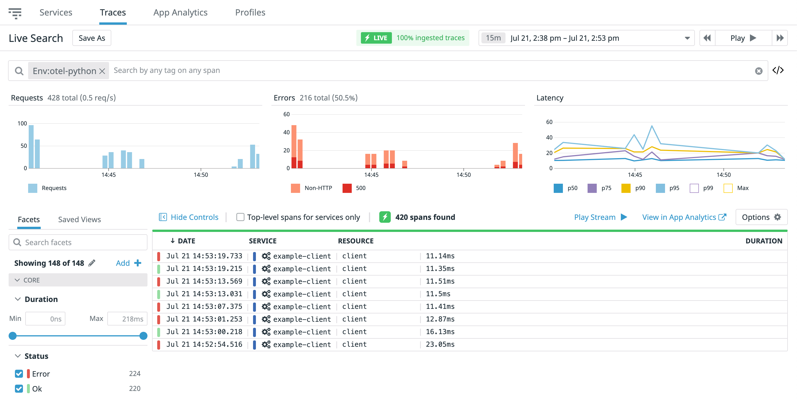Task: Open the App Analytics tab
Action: pos(180,12)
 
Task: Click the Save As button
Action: pos(92,38)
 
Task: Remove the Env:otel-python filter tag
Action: pos(102,71)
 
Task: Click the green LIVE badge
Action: pos(376,38)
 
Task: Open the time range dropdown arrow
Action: pos(687,38)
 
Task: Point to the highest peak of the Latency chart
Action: pos(652,126)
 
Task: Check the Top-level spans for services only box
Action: pos(240,217)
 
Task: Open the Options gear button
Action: pos(761,217)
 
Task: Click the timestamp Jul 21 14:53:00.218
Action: pos(204,332)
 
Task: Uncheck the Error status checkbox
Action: pos(19,374)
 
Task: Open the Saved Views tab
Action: pos(79,220)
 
